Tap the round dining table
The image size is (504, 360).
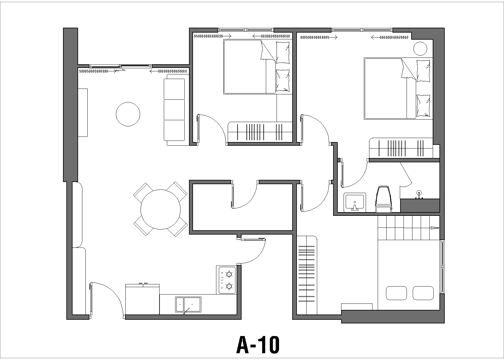pos(160,209)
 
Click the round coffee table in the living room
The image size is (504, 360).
pos(128,114)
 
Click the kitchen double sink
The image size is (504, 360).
pos(188,304)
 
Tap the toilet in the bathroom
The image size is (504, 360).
pos(384,199)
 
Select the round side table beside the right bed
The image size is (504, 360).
pos(420,48)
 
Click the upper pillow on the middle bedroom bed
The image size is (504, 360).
pos(283,53)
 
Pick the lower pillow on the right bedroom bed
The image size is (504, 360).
pos(423,105)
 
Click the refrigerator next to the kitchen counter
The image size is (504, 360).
pos(142,299)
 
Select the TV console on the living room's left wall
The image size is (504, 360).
pos(83,113)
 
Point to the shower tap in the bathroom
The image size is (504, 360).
pos(419,195)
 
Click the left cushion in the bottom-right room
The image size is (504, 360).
pos(396,293)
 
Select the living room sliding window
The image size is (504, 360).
pos(120,66)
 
